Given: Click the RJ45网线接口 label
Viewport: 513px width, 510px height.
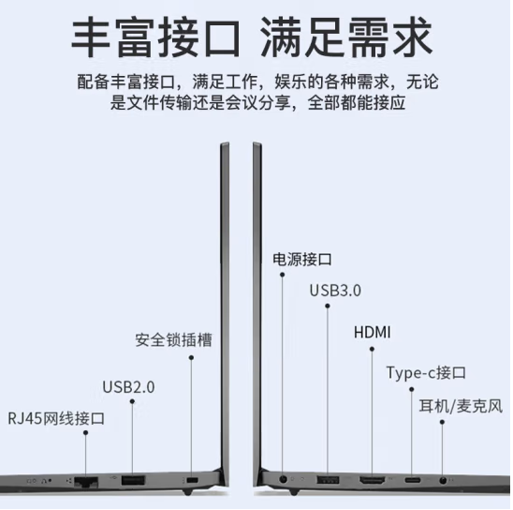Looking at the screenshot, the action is coord(56,418).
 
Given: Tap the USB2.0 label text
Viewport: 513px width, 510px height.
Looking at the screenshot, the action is coord(128,387).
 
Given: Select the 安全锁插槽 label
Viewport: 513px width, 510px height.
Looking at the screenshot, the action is coord(173,339).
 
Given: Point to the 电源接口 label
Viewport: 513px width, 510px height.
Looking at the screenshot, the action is coord(302,260).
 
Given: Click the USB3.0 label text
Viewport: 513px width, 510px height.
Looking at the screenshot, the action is coord(335,291).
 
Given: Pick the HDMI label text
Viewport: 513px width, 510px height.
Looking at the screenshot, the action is coord(372,332).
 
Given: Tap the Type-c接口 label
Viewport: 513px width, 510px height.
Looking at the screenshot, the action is coord(426,373).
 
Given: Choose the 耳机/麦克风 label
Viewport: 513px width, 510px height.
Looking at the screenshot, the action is coord(461,407).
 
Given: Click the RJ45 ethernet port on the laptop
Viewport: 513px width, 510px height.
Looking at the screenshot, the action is coord(86,482).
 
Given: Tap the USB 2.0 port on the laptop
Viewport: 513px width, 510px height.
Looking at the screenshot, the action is coord(133,481).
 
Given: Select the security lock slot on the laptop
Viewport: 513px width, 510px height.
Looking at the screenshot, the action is coord(192,481).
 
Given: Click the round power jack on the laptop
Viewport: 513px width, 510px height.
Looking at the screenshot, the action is coord(284,480).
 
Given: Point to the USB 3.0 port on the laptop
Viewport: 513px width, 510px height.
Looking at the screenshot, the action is coord(328,481).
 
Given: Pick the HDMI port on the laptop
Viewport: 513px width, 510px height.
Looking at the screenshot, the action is coord(373,481).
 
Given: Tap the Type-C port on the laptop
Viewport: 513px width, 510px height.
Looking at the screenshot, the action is coord(413,481).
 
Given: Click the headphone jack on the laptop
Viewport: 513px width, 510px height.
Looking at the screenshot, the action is coord(443,481).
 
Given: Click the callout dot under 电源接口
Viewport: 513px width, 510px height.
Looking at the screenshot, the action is coord(282,275).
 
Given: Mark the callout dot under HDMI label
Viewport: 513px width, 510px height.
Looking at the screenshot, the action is coord(372,349).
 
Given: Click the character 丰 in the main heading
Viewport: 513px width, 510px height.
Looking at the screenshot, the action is coord(91,37).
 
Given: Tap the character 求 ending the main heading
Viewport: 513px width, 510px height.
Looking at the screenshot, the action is coord(413,37).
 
